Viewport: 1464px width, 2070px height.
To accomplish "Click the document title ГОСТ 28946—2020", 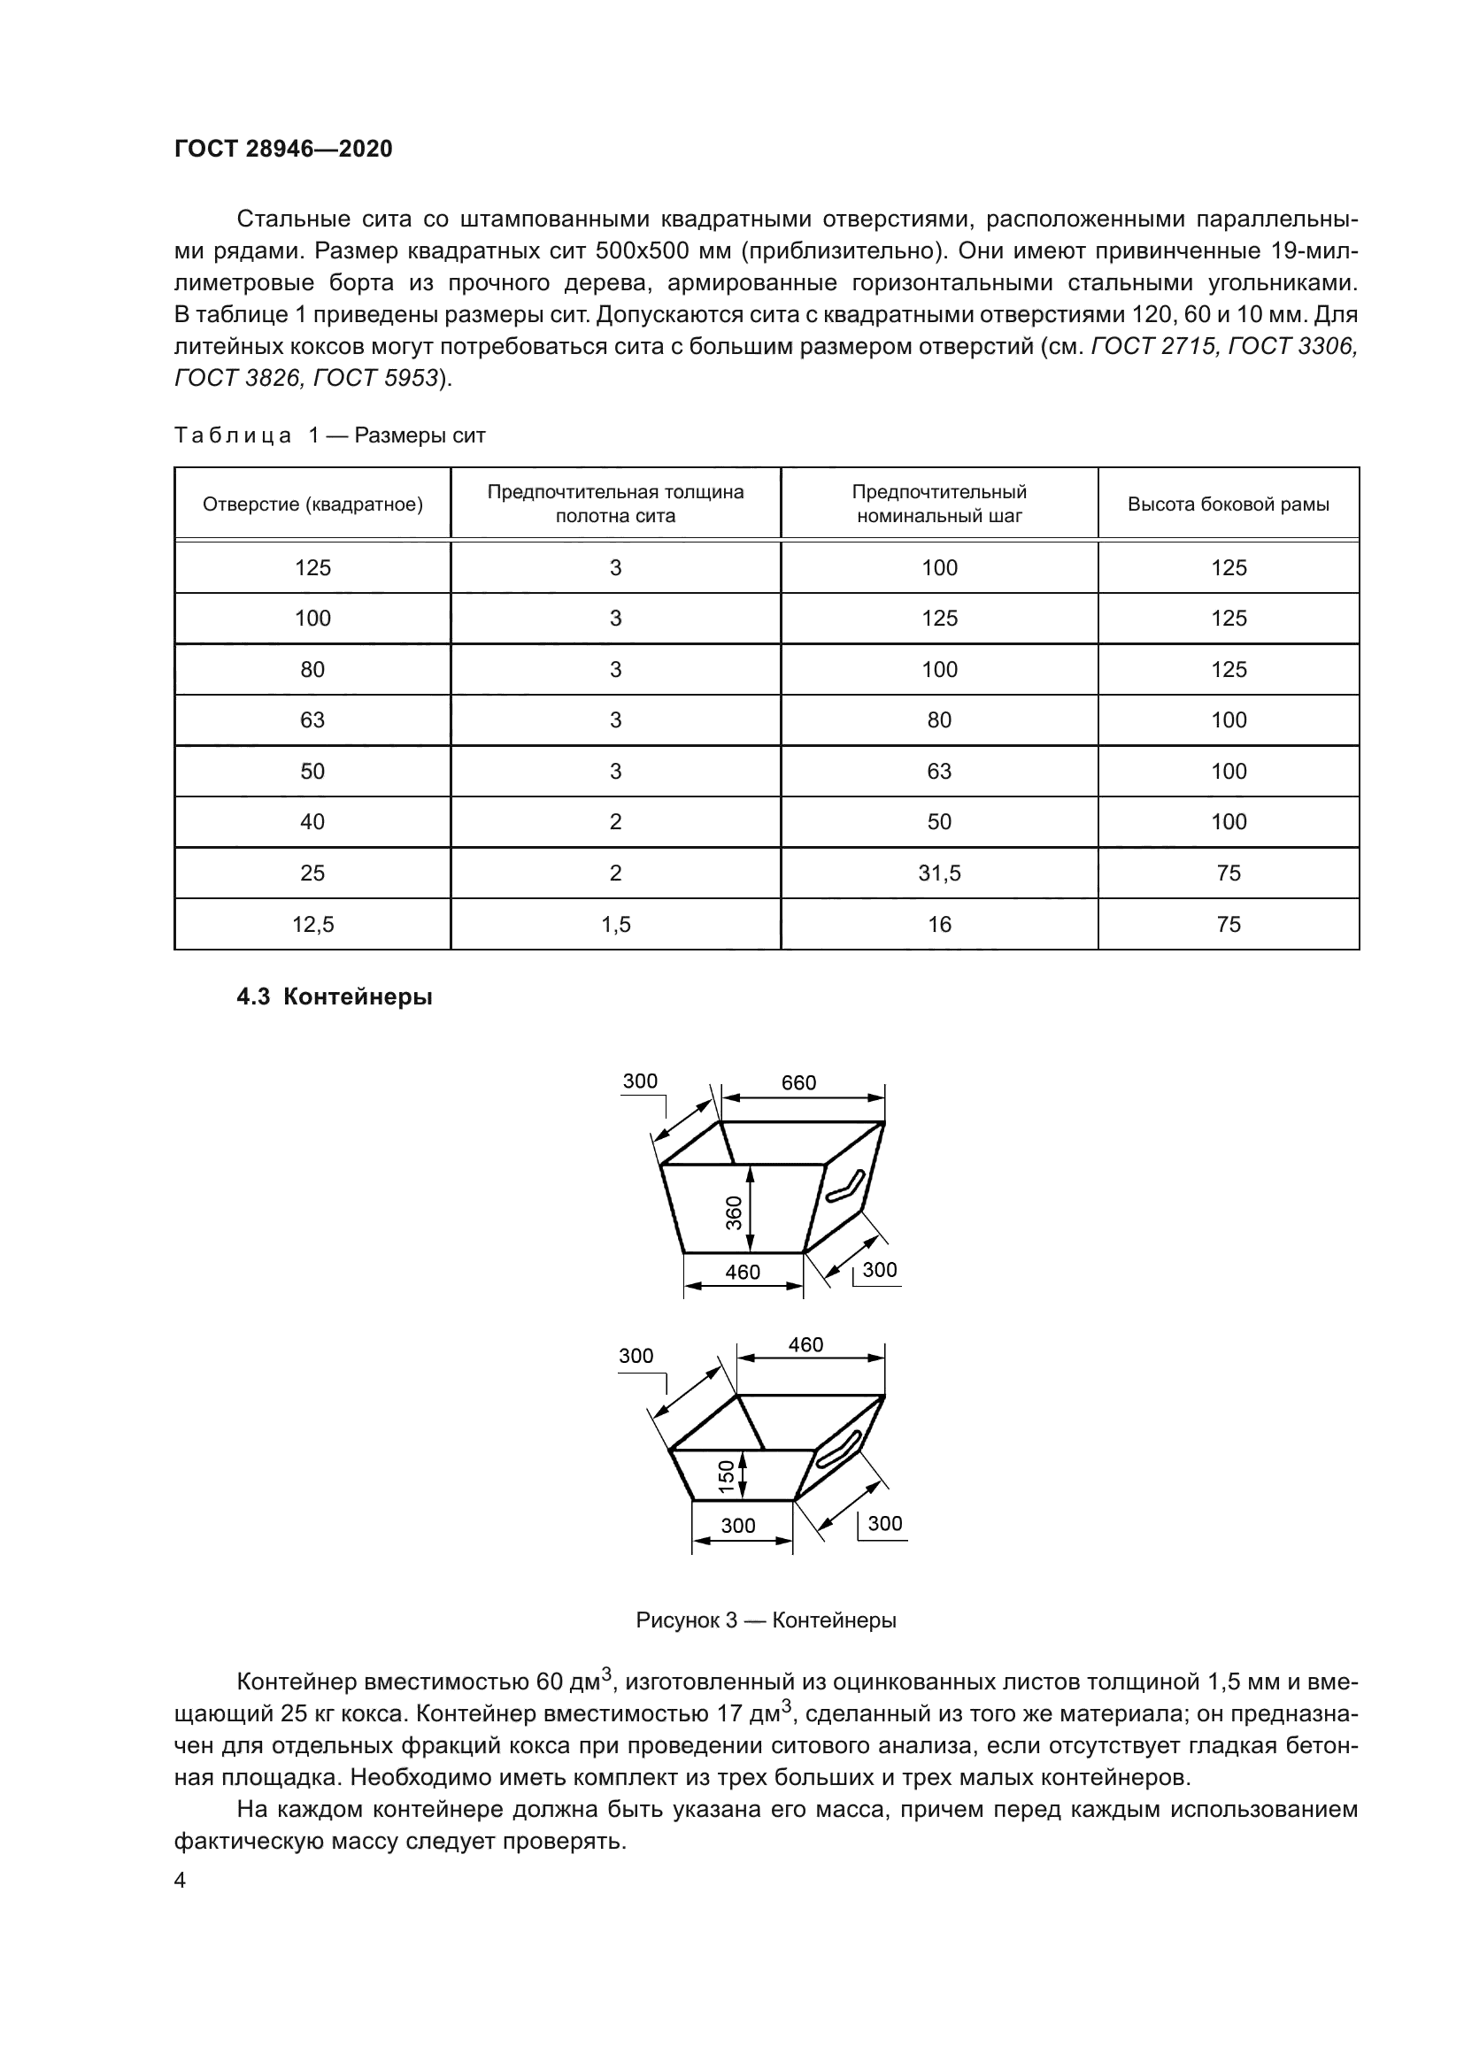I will pos(283,149).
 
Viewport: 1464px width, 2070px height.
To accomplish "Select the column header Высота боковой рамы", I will pos(1228,504).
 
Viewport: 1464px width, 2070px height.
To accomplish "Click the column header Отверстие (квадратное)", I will pos(312,504).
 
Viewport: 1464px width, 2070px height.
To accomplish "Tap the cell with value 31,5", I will pos(939,873).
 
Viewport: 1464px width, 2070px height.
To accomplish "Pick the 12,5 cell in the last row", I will pos(312,924).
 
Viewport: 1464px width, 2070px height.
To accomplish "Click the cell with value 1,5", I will pos(616,924).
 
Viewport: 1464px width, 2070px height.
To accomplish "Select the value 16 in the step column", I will pos(939,924).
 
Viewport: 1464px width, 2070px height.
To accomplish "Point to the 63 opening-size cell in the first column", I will pos(312,719).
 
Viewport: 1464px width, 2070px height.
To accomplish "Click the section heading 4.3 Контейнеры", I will pos(335,997).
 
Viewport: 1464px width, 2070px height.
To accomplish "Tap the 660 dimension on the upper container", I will pos(798,1082).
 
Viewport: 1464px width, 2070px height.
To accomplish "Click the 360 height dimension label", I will pos(735,1212).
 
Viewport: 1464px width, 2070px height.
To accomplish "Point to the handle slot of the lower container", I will pos(838,1450).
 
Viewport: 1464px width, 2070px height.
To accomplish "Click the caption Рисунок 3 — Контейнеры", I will pos(767,1620).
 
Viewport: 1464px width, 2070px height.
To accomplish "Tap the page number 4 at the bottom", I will pos(180,1881).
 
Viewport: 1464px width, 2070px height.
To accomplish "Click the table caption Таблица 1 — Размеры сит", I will pos(330,435).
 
